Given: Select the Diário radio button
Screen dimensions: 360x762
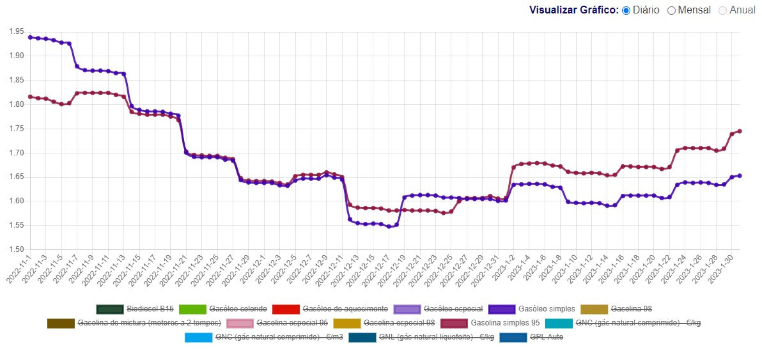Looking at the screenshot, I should point(626,10).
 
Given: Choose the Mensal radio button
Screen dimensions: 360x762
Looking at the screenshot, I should point(672,10).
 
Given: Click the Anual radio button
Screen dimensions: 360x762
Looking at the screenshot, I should point(723,10).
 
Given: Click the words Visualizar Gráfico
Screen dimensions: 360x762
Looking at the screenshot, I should point(573,10).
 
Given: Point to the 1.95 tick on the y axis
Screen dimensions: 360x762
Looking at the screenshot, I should point(17,31).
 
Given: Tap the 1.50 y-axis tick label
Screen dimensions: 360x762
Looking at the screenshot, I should point(17,249).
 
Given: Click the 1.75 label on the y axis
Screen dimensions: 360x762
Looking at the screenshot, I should point(17,129).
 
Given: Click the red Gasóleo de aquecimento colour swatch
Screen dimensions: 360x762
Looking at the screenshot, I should point(286,309).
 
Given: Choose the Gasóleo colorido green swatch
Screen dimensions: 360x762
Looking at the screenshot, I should point(192,309).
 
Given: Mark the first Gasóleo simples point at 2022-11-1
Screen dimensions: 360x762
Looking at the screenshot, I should point(30,37).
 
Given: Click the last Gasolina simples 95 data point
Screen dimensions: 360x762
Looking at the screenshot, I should point(740,131).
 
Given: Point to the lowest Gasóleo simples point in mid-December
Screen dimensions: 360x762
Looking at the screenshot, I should point(389,227).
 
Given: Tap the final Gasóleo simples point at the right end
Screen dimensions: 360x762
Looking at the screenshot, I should point(740,176).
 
